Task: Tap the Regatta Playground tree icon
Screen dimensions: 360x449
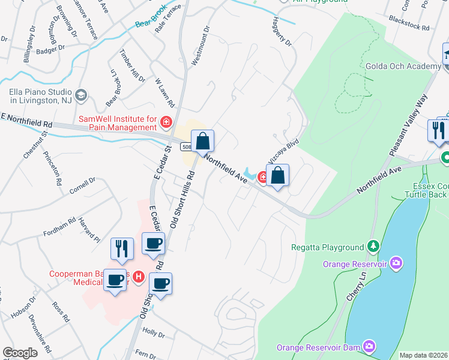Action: point(373,246)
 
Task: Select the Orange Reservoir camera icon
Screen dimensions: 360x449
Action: point(396,263)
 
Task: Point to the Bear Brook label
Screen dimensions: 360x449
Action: point(149,23)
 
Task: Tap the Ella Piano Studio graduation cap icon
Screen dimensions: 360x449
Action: point(80,95)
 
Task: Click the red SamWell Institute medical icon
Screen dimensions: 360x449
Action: point(166,123)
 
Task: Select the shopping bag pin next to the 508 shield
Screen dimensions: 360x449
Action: point(203,142)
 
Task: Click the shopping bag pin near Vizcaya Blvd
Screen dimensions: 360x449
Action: point(277,176)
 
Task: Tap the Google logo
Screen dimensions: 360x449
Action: point(20,353)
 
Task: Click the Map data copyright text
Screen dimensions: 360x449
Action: point(424,355)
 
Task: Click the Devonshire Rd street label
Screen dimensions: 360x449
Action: point(40,340)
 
